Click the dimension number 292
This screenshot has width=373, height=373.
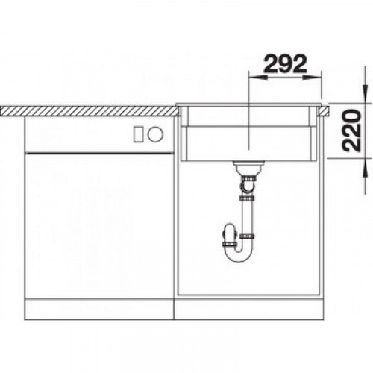[285, 64]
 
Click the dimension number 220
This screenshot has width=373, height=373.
[351, 131]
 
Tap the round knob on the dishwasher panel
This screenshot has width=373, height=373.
[155, 134]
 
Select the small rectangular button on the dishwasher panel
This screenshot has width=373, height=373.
[138, 134]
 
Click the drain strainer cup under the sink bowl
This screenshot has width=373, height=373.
[248, 167]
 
